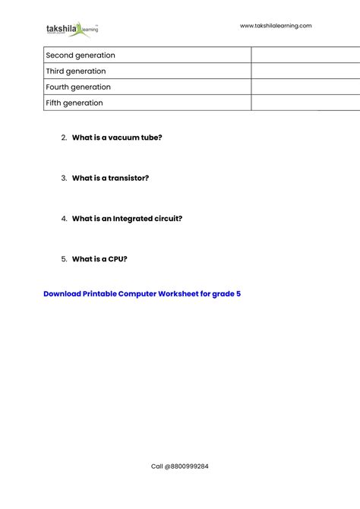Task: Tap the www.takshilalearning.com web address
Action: [x=276, y=26]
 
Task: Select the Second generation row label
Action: [x=81, y=55]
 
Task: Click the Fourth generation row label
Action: [x=78, y=87]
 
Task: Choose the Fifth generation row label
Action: [x=74, y=103]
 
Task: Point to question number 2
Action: [x=64, y=138]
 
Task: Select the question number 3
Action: [x=64, y=178]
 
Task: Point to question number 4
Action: [x=64, y=219]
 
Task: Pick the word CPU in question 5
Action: [x=116, y=259]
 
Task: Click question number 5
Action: [x=64, y=259]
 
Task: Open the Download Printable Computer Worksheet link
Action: [x=142, y=293]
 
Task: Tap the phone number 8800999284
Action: [x=189, y=466]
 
